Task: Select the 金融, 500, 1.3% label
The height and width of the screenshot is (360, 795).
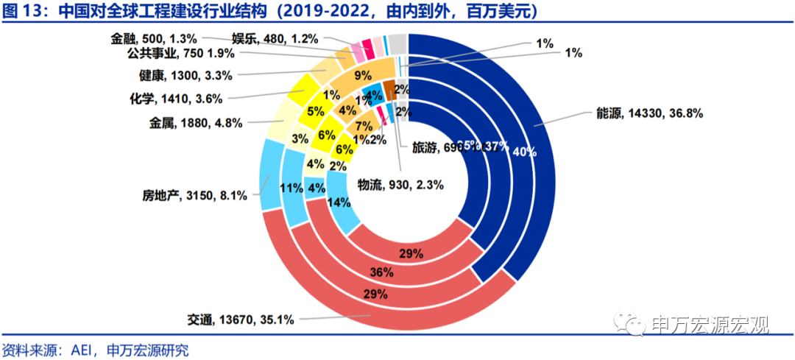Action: (155, 38)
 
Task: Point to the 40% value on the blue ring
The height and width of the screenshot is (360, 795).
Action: (524, 152)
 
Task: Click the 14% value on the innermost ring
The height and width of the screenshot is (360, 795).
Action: (338, 203)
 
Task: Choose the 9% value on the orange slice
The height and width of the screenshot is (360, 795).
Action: (362, 74)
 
